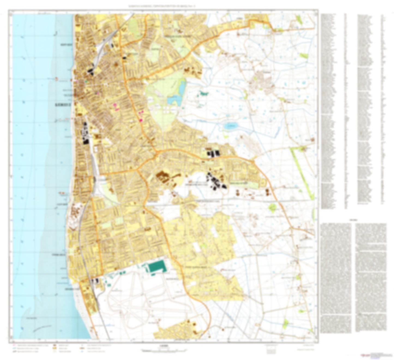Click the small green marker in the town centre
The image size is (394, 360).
click(86, 81)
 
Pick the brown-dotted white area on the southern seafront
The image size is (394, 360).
click(74, 216)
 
